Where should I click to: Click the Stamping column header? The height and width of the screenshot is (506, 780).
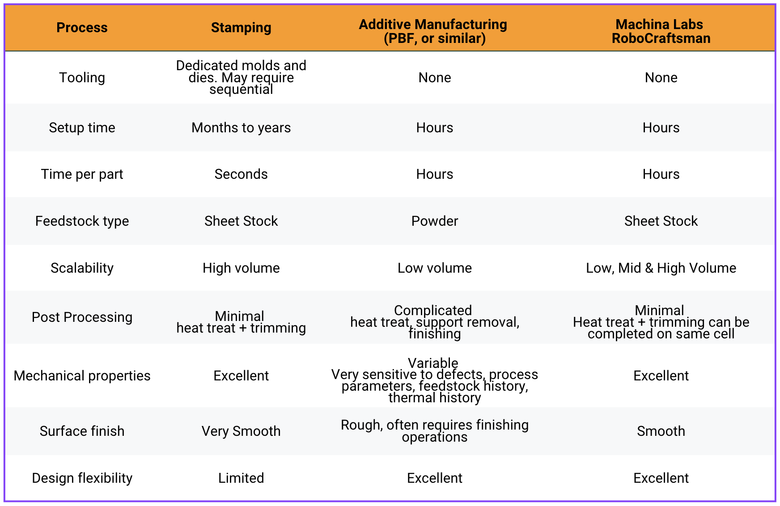coord(241,28)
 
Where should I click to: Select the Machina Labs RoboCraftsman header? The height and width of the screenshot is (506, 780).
coord(661,31)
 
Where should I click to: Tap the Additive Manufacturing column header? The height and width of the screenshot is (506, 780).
coord(434,31)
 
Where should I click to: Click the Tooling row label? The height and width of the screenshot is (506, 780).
coord(82,78)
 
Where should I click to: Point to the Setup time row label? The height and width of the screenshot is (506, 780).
coord(82,128)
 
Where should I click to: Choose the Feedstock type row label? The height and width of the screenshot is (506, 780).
coord(82,221)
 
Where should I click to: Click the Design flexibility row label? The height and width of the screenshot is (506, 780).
coord(82,478)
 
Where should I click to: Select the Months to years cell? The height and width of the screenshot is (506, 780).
coord(241,128)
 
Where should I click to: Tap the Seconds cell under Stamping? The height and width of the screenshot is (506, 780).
coord(241,174)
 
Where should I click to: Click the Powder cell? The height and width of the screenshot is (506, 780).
coord(435,221)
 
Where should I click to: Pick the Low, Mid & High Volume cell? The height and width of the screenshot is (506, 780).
coord(661,268)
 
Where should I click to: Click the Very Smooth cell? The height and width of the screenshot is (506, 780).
coord(241,431)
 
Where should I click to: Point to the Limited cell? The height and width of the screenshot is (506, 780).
coord(241,478)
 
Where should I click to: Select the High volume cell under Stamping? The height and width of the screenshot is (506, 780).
coord(241,268)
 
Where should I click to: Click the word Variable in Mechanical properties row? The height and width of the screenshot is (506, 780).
coord(433,363)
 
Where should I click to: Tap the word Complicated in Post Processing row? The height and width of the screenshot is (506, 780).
coord(433,310)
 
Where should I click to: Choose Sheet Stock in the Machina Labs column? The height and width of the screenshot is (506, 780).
coord(661,221)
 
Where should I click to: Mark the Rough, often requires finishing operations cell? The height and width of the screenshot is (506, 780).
coord(435,431)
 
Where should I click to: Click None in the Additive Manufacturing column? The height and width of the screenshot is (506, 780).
coord(435,78)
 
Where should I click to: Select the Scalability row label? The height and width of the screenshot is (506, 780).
coord(82,268)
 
